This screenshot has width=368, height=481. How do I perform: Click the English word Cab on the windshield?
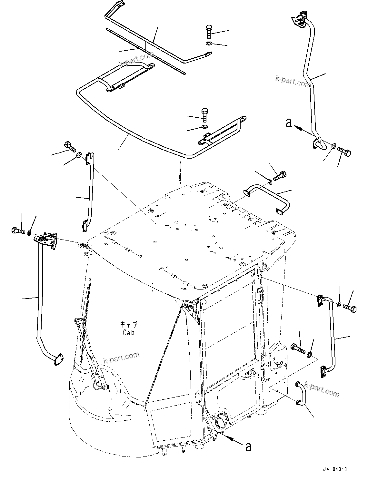(x=128, y=333)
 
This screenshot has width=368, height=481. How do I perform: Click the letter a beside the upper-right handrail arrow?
(x=289, y=123)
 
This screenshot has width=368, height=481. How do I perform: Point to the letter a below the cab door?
(x=248, y=447)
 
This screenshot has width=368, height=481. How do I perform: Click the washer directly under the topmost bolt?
(x=209, y=44)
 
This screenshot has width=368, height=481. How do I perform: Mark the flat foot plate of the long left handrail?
(x=58, y=359)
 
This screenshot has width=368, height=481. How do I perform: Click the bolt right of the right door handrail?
(x=350, y=308)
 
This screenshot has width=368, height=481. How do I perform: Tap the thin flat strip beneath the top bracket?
(x=145, y=50)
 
